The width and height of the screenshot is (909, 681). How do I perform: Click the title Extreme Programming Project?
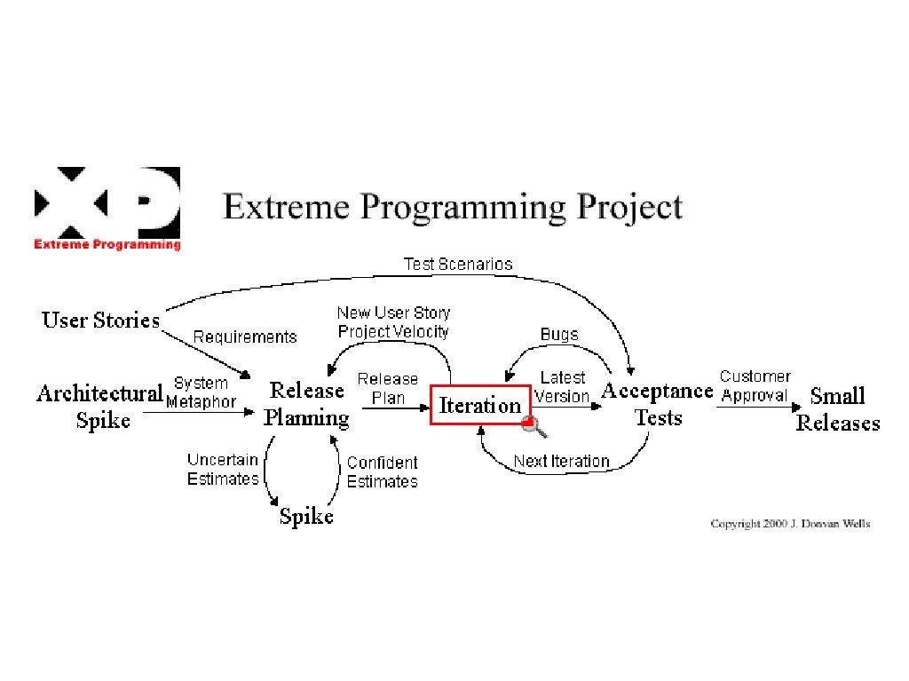[453, 208]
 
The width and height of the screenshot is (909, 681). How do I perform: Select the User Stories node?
[101, 320]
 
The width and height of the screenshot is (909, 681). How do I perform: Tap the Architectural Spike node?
[99, 406]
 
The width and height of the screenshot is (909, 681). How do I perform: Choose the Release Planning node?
[306, 404]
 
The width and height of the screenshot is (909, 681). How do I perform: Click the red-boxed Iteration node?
[480, 406]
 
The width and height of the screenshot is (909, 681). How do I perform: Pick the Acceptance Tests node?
[658, 404]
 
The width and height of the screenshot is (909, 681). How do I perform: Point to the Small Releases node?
[837, 409]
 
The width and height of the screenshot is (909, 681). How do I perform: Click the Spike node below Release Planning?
[306, 516]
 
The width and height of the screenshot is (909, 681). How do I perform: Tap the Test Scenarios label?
[457, 264]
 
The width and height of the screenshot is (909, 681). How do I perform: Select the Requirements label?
[245, 337]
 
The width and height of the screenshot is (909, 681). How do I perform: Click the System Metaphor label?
[202, 392]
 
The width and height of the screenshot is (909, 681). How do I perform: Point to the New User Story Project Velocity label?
[393, 322]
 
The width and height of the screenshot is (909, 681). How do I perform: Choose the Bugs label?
[559, 335]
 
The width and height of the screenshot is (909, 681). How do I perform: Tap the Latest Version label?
[563, 388]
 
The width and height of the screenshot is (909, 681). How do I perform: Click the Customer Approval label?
[755, 386]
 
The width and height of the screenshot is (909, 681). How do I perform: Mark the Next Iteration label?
[562, 461]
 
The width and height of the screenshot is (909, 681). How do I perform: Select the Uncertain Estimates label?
[223, 469]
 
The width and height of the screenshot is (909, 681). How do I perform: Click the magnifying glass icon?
[536, 428]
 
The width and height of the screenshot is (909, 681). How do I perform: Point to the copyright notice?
[790, 524]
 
